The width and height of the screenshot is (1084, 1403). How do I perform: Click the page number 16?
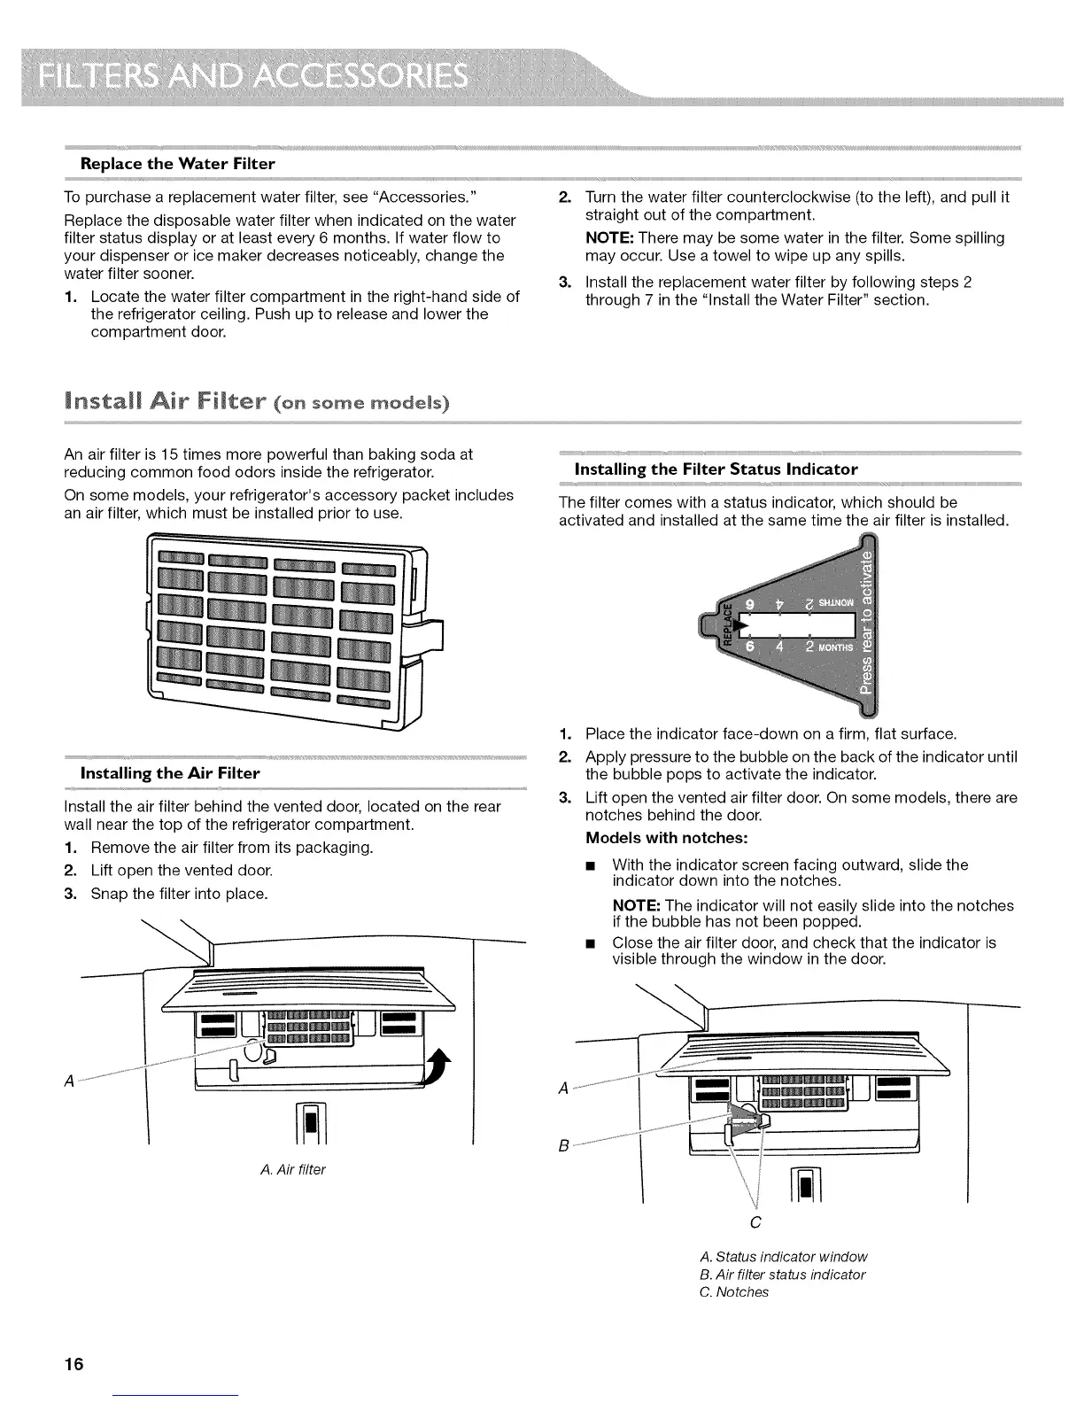pos(73,1364)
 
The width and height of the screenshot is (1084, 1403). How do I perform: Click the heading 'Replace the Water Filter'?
pos(177,164)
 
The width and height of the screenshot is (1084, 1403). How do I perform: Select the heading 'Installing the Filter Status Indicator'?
pos(716,469)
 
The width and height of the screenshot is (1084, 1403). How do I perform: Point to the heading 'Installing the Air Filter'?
pos(170,773)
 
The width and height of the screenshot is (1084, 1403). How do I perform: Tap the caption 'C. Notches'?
pos(733,1292)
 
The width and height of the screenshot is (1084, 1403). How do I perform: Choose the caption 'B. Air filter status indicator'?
pos(781,1275)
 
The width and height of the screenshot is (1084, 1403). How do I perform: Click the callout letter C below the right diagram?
pos(755,1223)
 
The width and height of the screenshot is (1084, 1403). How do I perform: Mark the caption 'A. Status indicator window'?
pos(783,1257)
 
